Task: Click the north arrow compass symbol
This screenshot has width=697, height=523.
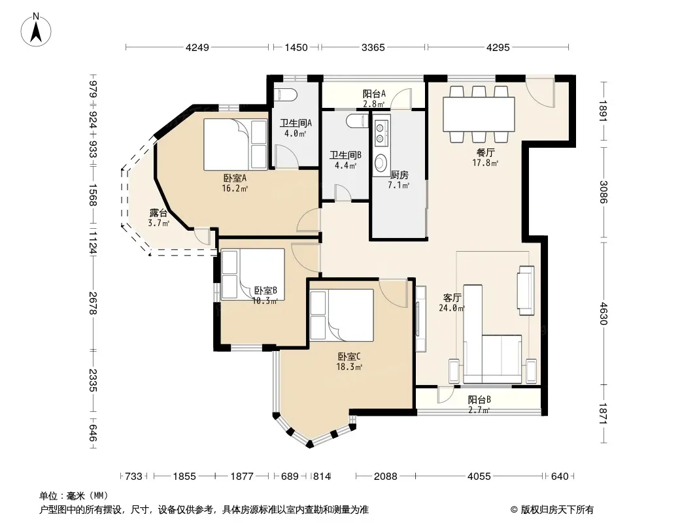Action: tap(36, 29)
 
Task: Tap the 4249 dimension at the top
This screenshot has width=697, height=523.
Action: tap(197, 47)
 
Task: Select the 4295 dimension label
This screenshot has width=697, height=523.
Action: tap(498, 47)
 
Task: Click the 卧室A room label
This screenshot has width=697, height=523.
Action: tap(235, 178)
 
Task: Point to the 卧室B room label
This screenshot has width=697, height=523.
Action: tap(266, 291)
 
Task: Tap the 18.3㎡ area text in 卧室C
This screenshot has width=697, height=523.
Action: tap(349, 367)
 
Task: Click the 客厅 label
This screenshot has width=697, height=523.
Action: tap(452, 297)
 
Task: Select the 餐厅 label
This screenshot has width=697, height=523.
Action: tap(485, 152)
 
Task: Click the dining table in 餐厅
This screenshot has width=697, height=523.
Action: tap(479, 114)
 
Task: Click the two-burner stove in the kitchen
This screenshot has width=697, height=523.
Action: tap(380, 134)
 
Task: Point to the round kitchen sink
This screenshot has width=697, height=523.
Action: tap(380, 163)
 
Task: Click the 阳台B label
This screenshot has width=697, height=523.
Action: tap(479, 399)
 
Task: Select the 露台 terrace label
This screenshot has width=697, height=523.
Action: tap(158, 213)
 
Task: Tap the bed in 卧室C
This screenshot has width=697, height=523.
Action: tap(341, 315)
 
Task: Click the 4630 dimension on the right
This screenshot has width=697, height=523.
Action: tap(603, 313)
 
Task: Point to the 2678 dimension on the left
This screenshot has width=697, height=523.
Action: tap(92, 303)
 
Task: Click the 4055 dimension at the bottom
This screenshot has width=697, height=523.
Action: tap(479, 477)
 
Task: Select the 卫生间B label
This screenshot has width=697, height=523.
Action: tap(345, 155)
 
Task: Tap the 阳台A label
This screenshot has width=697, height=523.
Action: tap(374, 93)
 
